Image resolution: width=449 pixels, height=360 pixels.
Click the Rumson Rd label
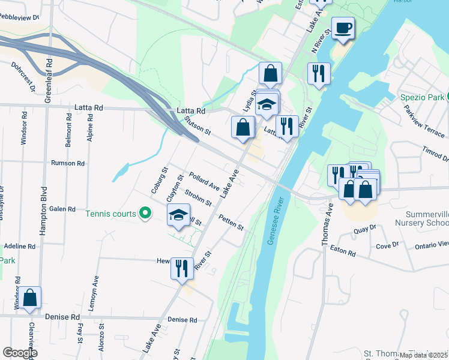(67, 163)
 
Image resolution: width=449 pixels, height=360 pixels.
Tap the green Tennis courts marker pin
(145, 213)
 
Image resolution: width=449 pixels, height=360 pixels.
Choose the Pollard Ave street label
(204, 182)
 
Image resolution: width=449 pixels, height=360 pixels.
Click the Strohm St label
(198, 199)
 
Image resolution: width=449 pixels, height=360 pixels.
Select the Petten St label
(231, 223)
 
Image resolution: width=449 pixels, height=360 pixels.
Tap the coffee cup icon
(343, 28)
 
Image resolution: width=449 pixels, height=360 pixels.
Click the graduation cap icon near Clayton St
(178, 215)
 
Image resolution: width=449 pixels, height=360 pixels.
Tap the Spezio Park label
(423, 97)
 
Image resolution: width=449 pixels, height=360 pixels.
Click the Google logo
(20, 353)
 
